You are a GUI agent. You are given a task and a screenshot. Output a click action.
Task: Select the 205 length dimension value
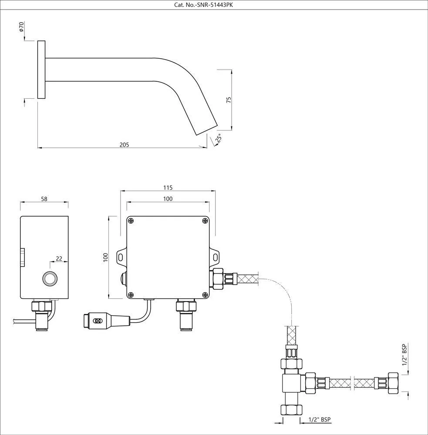[x=124, y=144]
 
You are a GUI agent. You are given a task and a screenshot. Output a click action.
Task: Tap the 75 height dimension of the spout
[x=228, y=99]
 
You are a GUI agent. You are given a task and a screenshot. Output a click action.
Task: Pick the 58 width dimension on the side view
[x=44, y=199]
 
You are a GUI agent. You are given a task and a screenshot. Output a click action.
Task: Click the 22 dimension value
[x=59, y=258]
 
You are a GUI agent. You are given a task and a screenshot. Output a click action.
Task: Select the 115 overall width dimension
[x=168, y=187]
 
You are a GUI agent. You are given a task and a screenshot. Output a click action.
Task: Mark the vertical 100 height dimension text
[x=105, y=258]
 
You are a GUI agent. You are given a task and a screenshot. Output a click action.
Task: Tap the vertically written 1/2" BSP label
[x=404, y=355]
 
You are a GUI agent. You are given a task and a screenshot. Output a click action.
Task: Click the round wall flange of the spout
[x=41, y=70]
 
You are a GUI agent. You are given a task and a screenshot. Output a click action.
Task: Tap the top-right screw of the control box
[x=205, y=221]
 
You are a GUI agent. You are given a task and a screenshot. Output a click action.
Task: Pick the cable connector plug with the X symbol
[x=97, y=321]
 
